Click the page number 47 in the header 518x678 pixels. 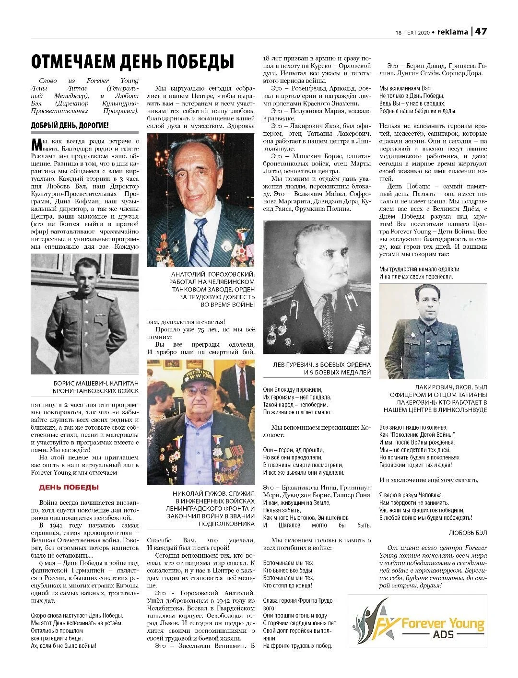[481, 32]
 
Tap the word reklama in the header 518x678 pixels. [452, 32]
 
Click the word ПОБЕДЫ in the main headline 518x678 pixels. [197, 62]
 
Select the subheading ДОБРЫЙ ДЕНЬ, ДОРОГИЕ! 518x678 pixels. [70, 126]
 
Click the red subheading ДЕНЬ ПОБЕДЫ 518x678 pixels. [69, 487]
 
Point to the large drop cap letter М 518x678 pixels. [36, 144]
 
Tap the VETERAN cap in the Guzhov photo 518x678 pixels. [197, 377]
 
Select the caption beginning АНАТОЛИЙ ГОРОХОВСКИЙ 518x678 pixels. [201, 289]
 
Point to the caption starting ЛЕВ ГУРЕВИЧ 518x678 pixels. [317, 368]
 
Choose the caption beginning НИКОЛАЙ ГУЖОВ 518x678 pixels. [201, 509]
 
